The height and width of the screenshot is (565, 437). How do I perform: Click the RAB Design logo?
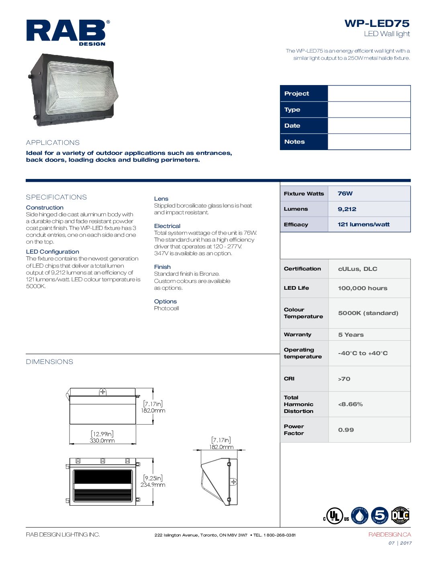(67, 32)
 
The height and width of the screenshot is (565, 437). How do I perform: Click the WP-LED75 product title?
(377, 23)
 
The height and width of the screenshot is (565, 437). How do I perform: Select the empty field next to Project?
(369, 93)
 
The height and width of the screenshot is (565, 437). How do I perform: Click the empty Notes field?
(369, 142)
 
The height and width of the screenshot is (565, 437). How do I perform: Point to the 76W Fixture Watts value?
(345, 193)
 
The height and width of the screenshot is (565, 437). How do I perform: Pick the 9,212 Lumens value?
(347, 209)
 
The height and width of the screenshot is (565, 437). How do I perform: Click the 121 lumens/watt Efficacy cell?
(363, 224)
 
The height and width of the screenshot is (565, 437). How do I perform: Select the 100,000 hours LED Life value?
(362, 288)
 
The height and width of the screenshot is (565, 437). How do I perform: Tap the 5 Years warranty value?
(351, 335)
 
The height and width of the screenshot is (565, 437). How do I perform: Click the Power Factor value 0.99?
(346, 430)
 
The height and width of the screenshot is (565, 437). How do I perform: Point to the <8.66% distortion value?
(350, 404)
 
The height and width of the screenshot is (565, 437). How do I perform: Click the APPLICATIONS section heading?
(53, 142)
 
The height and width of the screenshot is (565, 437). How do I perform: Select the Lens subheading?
(161, 199)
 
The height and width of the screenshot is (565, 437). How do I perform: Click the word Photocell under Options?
(166, 308)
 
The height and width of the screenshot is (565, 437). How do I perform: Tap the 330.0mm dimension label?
(102, 441)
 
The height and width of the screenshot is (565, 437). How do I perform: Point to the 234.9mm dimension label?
(153, 485)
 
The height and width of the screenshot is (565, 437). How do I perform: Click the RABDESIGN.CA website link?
(389, 535)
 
